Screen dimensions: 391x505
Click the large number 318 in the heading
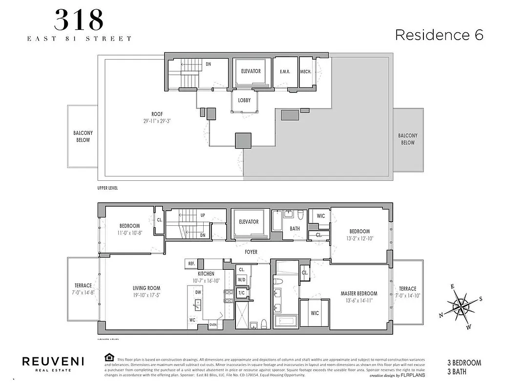click(79, 21)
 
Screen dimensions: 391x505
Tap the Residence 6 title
click(439, 35)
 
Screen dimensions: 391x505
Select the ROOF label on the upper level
click(157, 114)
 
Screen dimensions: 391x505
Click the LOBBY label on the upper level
click(244, 100)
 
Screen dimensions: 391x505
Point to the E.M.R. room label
click(285, 72)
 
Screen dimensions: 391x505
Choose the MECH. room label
click(306, 72)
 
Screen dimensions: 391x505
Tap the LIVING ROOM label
click(147, 288)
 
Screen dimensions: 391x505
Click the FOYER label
click(251, 252)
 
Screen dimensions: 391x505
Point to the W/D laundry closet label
click(242, 280)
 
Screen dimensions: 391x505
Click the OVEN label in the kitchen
click(213, 325)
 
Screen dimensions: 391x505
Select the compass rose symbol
click(461, 306)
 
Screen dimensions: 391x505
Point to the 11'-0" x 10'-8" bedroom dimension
click(130, 233)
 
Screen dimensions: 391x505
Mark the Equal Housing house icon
click(109, 357)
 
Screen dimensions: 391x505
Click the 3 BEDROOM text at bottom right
click(464, 363)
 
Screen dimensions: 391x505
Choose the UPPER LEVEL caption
click(107, 188)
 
